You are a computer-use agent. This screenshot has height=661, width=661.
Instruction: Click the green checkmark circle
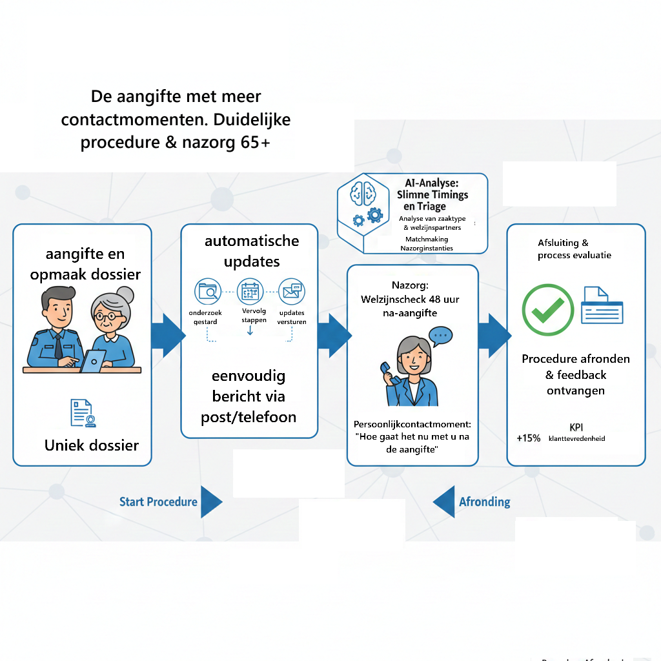(547, 310)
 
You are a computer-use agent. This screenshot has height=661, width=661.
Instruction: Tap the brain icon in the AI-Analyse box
(360, 192)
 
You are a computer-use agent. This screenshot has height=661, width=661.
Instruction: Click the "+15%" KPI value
(529, 438)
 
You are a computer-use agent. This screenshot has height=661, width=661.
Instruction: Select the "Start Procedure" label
(158, 502)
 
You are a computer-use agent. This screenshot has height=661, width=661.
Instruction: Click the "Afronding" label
(484, 502)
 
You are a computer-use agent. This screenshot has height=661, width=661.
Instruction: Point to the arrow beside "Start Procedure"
(211, 502)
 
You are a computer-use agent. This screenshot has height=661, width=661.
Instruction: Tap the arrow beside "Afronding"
(443, 502)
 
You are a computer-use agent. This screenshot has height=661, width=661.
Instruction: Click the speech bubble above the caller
(441, 336)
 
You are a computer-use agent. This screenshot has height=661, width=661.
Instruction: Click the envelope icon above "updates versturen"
(290, 292)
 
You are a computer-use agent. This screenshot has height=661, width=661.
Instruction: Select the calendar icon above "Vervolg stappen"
(250, 292)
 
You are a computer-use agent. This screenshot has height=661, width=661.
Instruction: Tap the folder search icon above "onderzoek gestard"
(208, 292)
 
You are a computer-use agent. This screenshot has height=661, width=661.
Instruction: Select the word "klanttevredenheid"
(576, 439)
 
